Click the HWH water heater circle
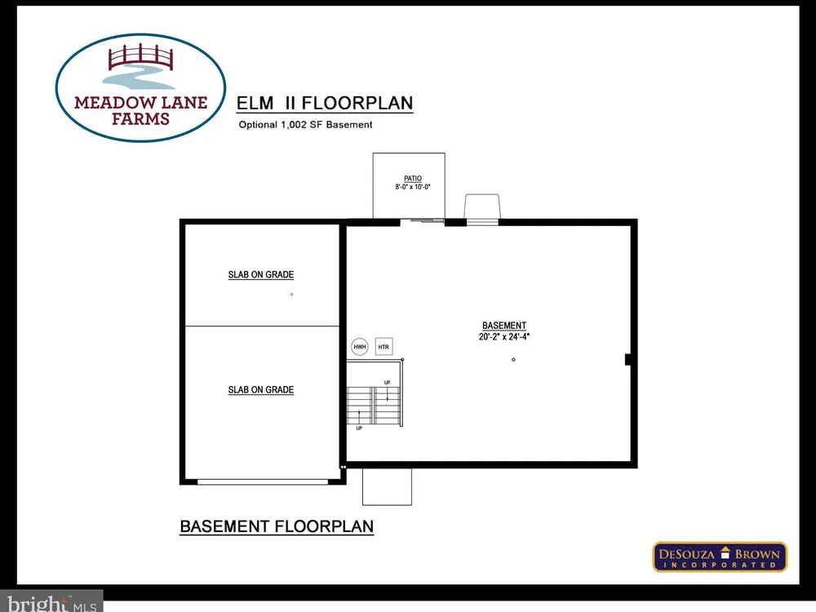[360, 347]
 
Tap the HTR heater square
[384, 347]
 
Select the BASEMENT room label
[504, 326]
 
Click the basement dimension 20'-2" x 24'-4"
[504, 337]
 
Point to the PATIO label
[413, 179]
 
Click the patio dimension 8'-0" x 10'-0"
[413, 187]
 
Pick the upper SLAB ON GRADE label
[261, 275]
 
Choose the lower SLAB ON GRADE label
[261, 390]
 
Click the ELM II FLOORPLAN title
[325, 103]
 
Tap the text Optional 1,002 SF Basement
[305, 125]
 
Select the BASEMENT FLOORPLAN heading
[277, 526]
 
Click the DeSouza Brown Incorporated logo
[720, 557]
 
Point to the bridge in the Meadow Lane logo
[140, 58]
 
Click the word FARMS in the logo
[140, 119]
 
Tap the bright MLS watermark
[52, 603]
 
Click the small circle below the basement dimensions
[513, 360]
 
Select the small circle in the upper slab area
[291, 295]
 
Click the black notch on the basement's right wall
[628, 359]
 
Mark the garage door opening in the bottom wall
[263, 482]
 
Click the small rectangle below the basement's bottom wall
[387, 486]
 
